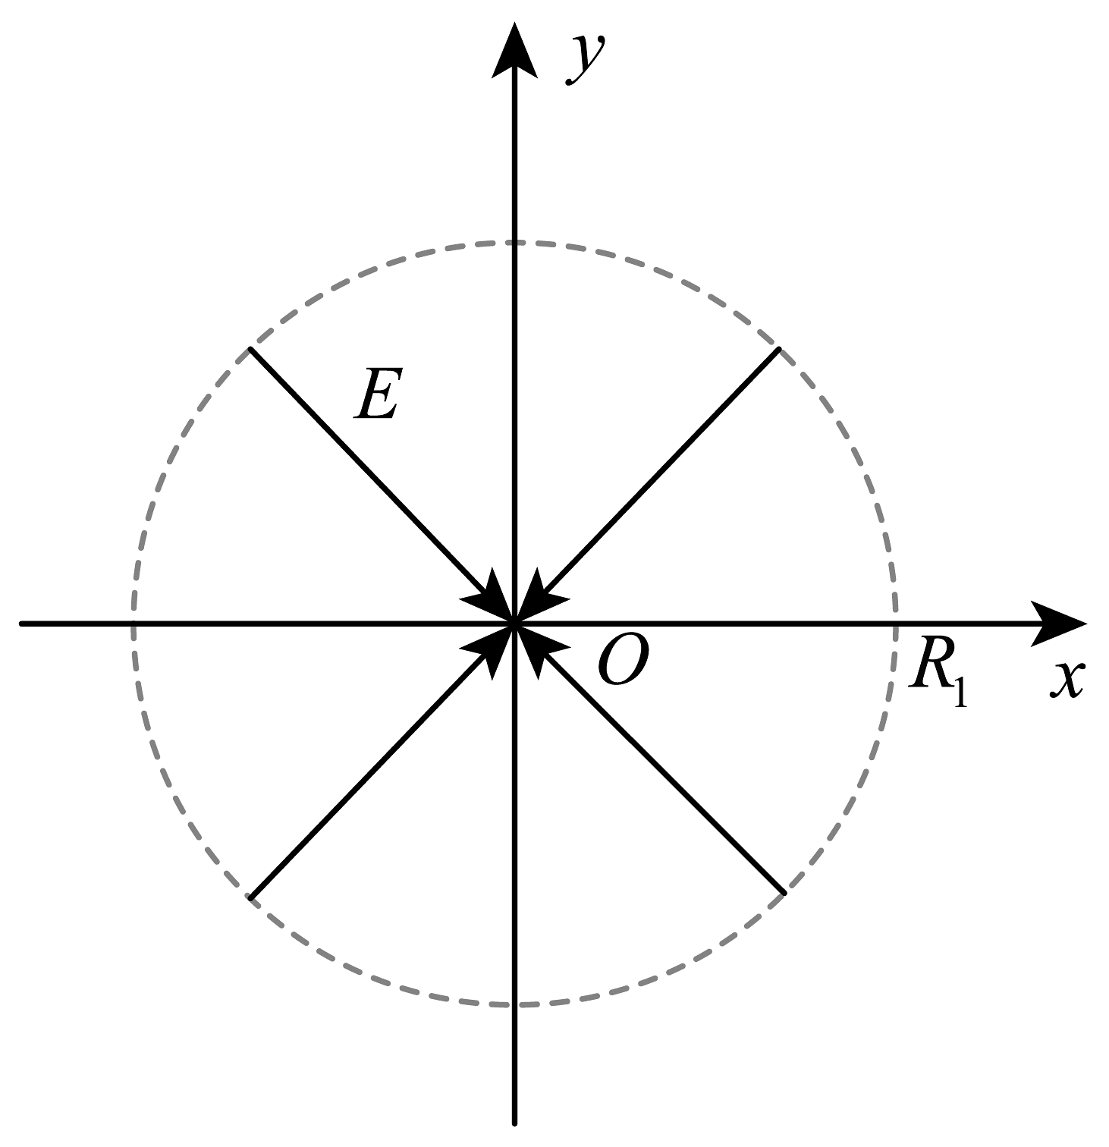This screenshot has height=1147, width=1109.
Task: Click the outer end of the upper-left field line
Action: tap(250, 348)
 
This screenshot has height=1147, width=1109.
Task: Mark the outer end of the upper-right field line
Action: tap(780, 348)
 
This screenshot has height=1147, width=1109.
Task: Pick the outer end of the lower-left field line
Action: tap(250, 898)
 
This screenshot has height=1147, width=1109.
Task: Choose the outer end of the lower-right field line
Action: tap(784, 893)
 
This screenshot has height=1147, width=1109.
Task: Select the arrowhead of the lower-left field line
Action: tap(492, 649)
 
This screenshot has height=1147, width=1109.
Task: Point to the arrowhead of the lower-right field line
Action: tap(539, 649)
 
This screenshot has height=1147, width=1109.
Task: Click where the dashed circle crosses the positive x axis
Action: tap(897, 624)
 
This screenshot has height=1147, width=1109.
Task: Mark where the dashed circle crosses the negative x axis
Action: tap(134, 624)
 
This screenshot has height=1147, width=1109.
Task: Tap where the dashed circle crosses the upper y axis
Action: tap(515, 242)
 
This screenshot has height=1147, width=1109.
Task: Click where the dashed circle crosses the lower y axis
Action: tap(515, 1005)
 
